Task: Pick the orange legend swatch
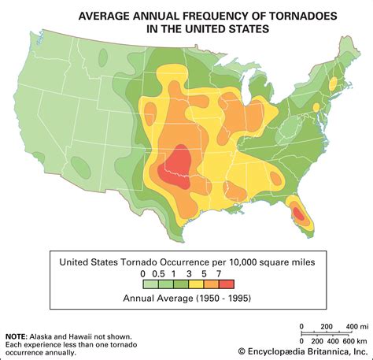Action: point(210,286)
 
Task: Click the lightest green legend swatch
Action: point(146,286)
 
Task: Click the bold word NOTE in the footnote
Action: point(17,315)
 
